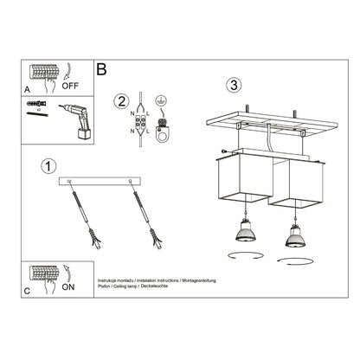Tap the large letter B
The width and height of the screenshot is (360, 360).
(x=102, y=69)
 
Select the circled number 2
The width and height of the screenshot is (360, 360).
(x=121, y=102)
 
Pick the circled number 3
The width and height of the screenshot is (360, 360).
(x=232, y=86)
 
